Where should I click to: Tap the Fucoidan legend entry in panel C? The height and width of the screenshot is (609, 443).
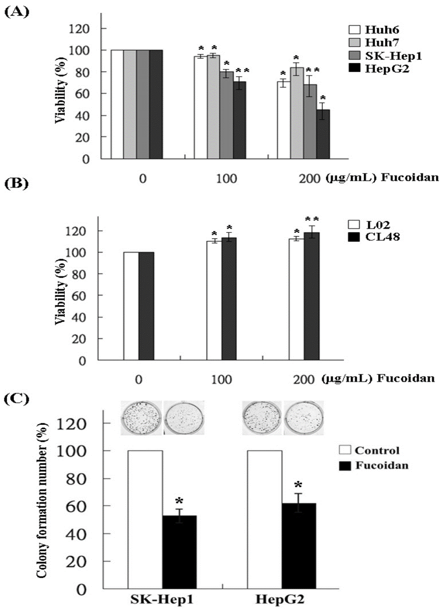pyautogui.click(x=381, y=465)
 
